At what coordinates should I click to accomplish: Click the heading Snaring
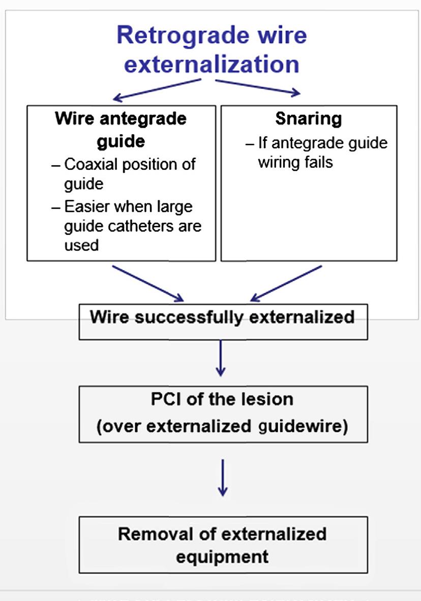point(309,119)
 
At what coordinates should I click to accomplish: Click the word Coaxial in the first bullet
point(89,164)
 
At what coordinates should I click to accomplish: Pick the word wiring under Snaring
point(275,163)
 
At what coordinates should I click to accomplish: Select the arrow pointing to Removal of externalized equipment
point(222,477)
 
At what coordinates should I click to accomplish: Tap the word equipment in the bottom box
point(222,556)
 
